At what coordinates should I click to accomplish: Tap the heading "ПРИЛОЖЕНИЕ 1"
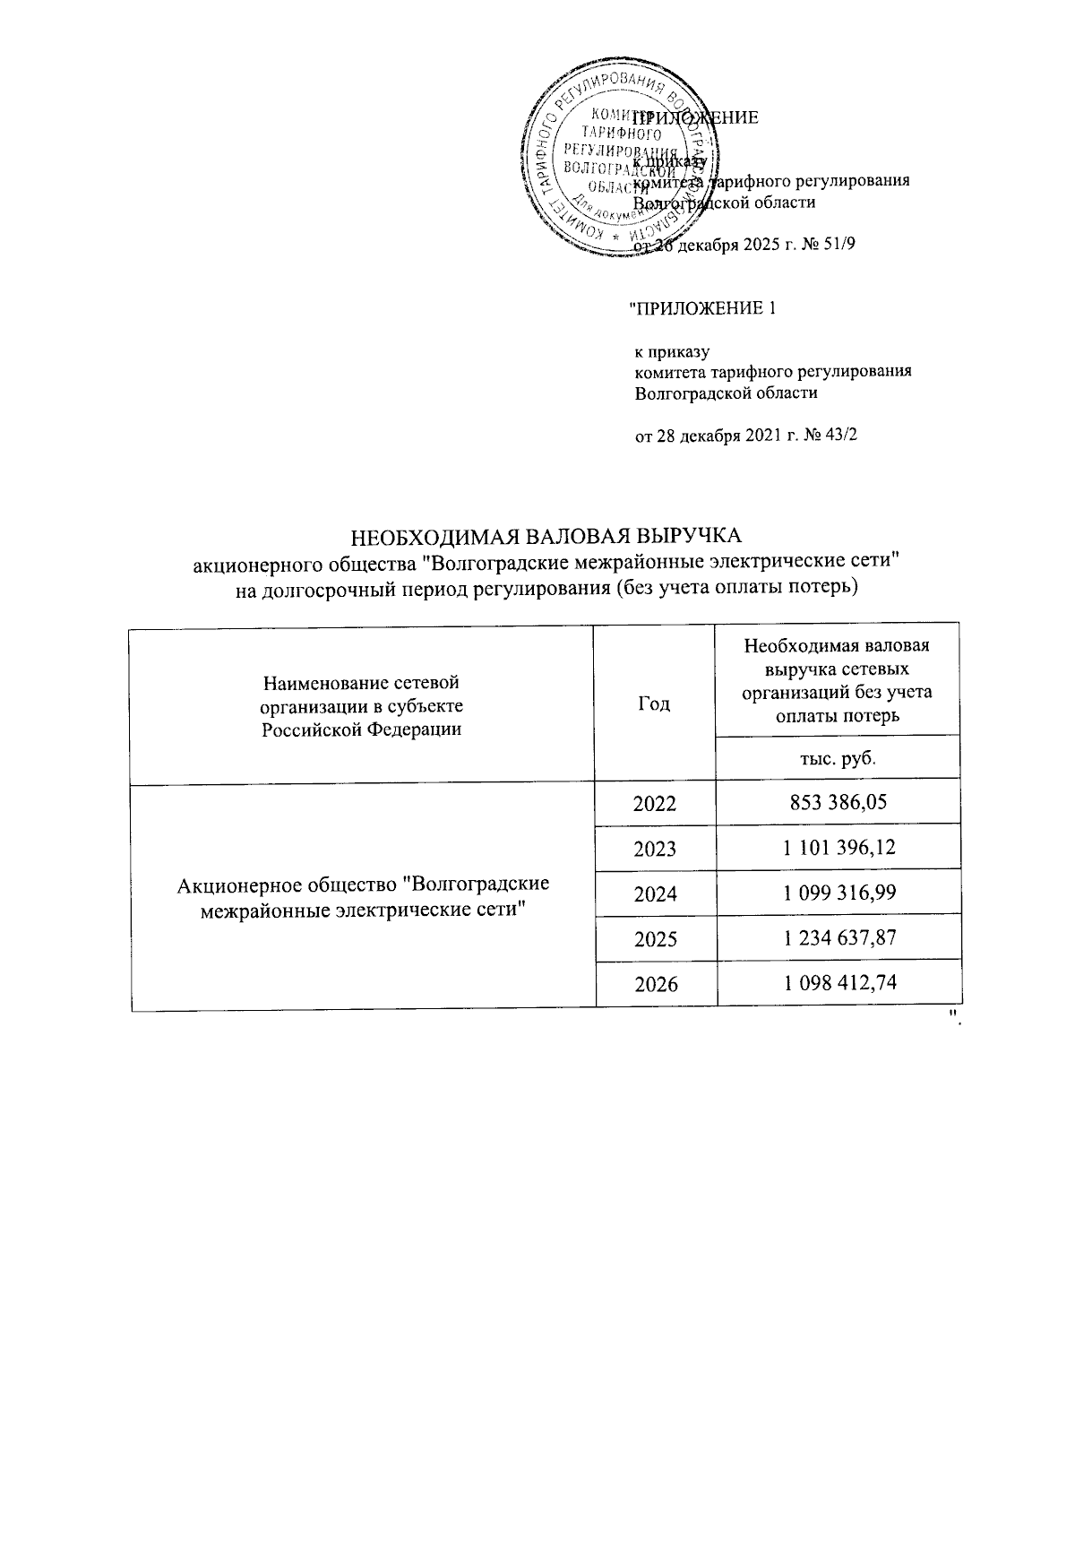pyautogui.click(x=701, y=309)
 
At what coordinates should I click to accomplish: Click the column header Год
pyautogui.click(x=654, y=703)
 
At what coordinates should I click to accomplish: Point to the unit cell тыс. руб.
pyautogui.click(x=837, y=758)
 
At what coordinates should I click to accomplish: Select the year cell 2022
pyautogui.click(x=655, y=803)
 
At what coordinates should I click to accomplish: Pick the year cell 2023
pyautogui.click(x=655, y=848)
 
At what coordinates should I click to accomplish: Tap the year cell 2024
pyautogui.click(x=655, y=893)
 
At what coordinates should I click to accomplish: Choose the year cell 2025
pyautogui.click(x=655, y=938)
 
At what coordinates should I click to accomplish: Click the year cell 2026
pyautogui.click(x=655, y=984)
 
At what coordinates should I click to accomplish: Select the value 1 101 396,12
pyautogui.click(x=838, y=847)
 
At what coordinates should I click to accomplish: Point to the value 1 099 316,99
pyautogui.click(x=838, y=893)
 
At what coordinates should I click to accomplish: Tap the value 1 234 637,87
pyautogui.click(x=838, y=937)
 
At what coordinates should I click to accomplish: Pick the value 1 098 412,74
pyautogui.click(x=838, y=983)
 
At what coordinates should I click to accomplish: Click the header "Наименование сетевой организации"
pyautogui.click(x=362, y=704)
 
